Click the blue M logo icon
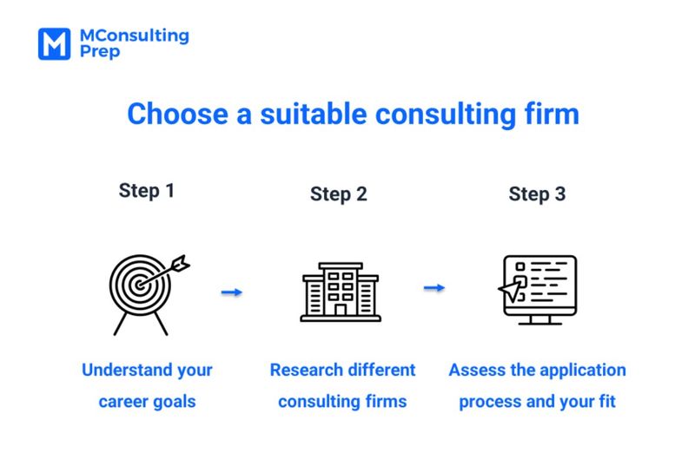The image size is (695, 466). coord(53,43)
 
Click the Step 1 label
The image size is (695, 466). coord(146,191)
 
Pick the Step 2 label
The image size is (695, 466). coord(338,194)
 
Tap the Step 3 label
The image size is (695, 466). coord(537,194)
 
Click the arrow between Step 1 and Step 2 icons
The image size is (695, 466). coord(232,292)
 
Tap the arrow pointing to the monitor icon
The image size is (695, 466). coord(434,288)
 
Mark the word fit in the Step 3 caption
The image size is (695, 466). coord(606,402)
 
